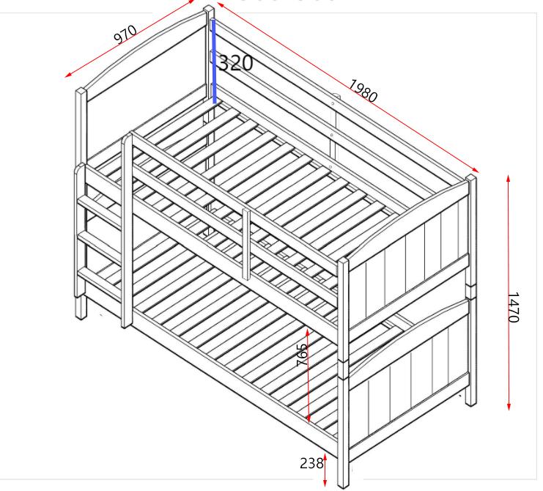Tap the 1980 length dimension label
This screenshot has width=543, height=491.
[x=363, y=91]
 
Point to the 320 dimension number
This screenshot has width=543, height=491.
[x=236, y=63]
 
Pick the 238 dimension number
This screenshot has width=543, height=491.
[x=311, y=463]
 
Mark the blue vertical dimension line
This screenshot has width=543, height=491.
[x=214, y=62]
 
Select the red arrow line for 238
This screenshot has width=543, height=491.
[x=325, y=469]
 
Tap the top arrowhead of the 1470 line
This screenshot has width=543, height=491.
[x=509, y=178]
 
